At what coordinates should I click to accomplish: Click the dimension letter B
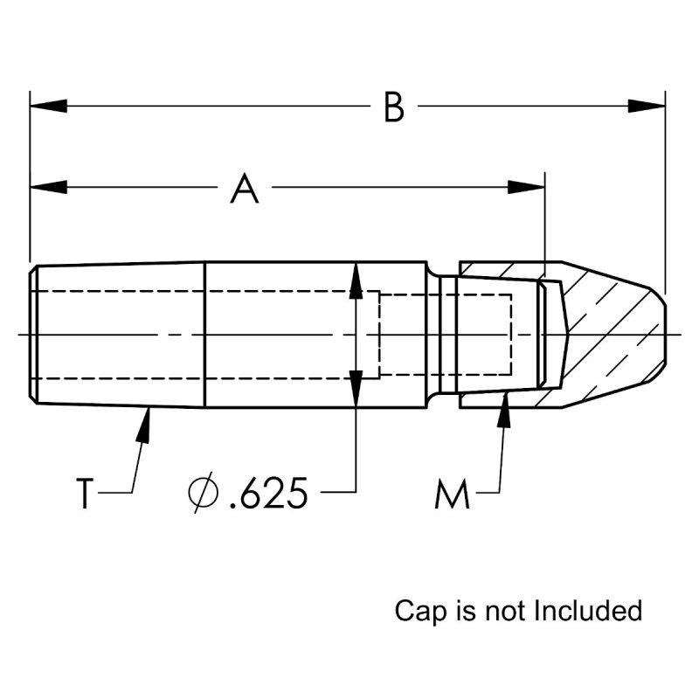(394, 108)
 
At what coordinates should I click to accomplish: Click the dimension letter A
(246, 189)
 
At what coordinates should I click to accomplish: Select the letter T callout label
(84, 494)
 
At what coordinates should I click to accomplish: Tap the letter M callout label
(453, 496)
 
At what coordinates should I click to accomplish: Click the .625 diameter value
(267, 495)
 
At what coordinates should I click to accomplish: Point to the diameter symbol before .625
(203, 495)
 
